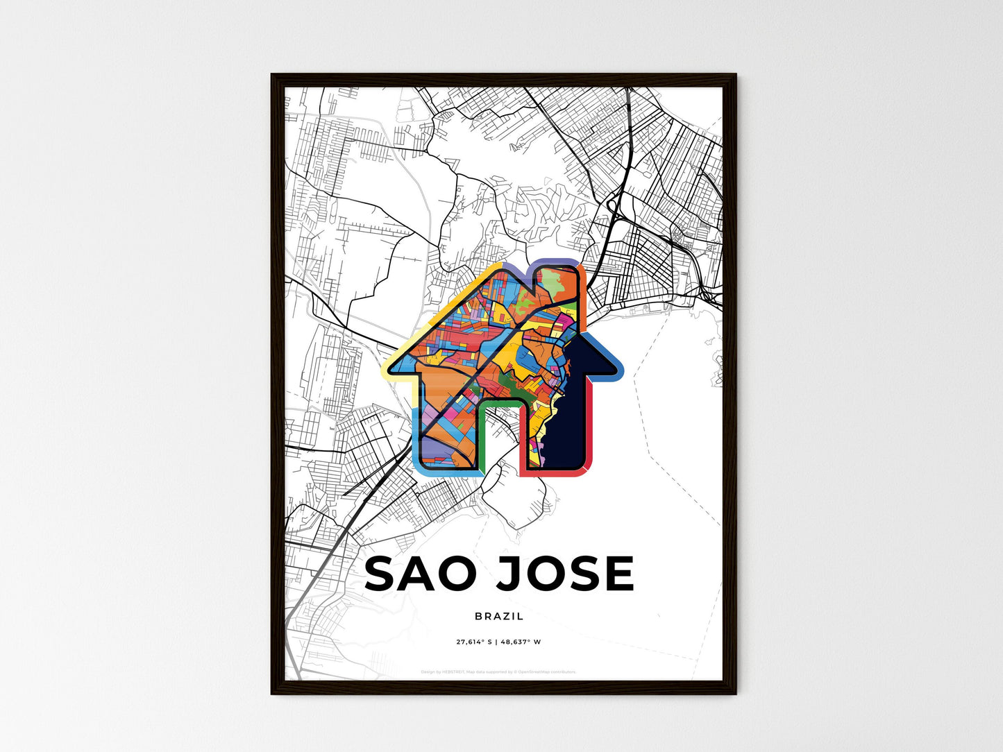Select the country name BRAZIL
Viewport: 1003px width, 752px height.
point(499,616)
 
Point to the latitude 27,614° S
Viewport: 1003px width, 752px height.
point(473,642)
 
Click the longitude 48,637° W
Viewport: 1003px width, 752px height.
point(520,642)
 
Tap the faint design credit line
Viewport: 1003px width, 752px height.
point(498,672)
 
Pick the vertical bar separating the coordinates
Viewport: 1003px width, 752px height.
point(496,642)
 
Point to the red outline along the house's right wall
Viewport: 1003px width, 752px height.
point(589,430)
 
